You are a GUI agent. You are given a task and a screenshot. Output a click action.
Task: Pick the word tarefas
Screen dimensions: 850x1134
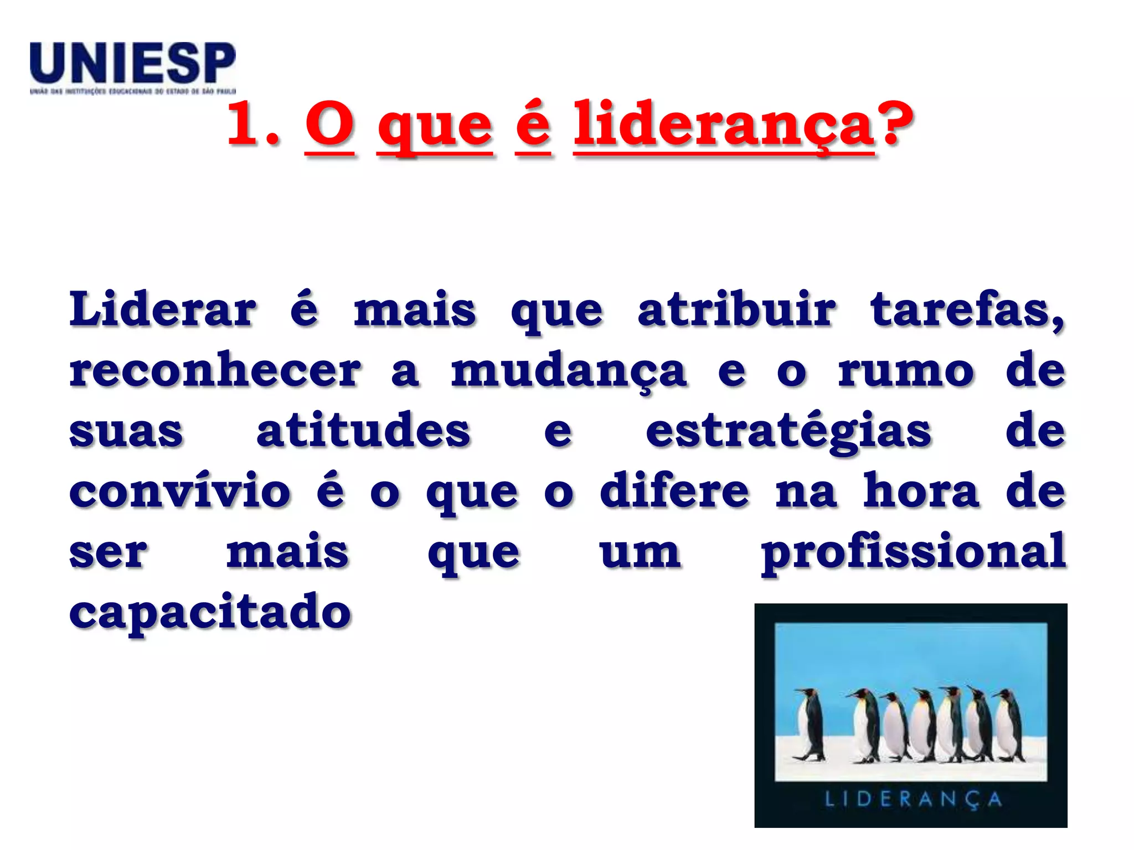point(967,310)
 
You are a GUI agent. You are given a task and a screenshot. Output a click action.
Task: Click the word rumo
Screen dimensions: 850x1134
point(906,371)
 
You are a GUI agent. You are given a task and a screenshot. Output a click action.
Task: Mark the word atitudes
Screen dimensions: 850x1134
point(363,431)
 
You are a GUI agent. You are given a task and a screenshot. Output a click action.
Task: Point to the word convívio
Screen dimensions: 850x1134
point(179,490)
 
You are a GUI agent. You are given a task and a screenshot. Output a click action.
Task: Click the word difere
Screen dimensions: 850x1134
point(674,490)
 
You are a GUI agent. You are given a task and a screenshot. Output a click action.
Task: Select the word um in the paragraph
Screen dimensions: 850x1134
point(640,552)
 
